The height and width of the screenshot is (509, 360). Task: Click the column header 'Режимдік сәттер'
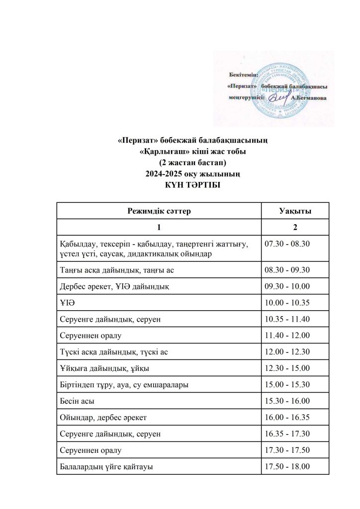pyautogui.click(x=159, y=211)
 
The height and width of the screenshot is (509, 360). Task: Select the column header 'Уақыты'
pyautogui.click(x=295, y=211)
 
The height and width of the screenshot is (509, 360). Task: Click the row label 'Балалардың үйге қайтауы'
pyautogui.click(x=109, y=466)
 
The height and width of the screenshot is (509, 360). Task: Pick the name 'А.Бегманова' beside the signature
pyautogui.click(x=309, y=98)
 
